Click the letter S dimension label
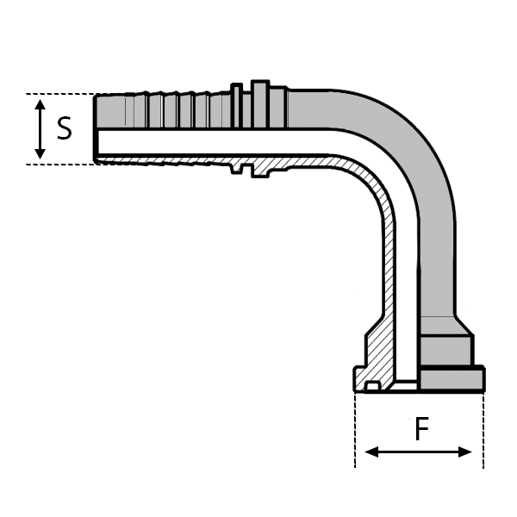click(65, 128)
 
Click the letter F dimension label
click(421, 428)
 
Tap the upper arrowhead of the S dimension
click(40, 104)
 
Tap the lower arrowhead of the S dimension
click(40, 153)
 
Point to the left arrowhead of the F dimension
click(371, 452)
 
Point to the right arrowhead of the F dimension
click(465, 452)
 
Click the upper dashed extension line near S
click(60, 94)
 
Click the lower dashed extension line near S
click(63, 165)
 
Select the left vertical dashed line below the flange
click(355, 430)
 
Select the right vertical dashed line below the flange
click(483, 430)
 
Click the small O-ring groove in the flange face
click(372, 386)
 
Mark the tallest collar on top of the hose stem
click(260, 104)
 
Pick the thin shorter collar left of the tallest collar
click(236, 105)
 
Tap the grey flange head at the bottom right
click(452, 378)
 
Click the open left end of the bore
click(97, 142)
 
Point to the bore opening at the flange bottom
click(406, 386)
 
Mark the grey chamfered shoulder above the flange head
click(445, 326)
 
